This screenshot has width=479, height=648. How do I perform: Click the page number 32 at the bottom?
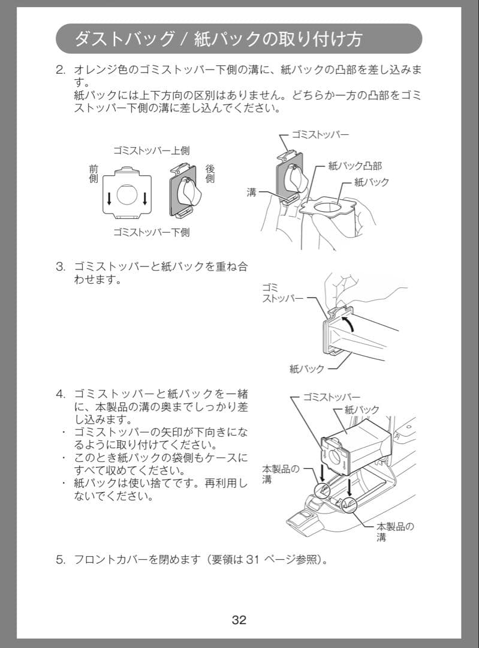point(239,620)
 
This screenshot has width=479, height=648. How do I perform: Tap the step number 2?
point(60,70)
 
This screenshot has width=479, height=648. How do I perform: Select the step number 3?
point(60,266)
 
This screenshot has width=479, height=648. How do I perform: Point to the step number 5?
point(60,560)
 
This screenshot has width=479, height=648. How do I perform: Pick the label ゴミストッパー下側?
point(151,232)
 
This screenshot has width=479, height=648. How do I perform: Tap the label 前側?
point(94,174)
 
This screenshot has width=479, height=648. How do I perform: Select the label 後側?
point(210,174)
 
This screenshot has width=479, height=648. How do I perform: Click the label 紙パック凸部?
point(355,166)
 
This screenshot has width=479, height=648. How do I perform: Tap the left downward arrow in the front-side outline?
point(109,199)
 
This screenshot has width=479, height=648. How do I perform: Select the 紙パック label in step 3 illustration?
point(306,369)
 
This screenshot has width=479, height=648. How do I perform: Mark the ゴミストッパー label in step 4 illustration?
point(332,397)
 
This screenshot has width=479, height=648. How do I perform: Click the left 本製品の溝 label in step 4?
point(280,475)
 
